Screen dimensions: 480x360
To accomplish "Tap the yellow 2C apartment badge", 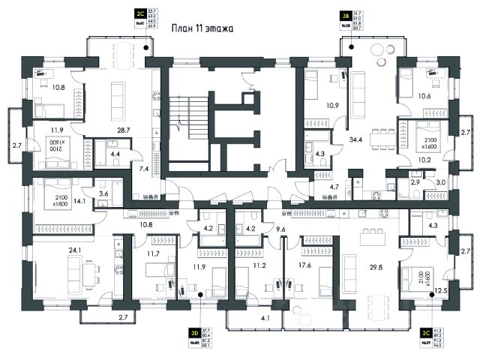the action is click(x=139, y=13).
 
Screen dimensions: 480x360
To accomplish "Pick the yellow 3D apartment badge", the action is click(x=193, y=331).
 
